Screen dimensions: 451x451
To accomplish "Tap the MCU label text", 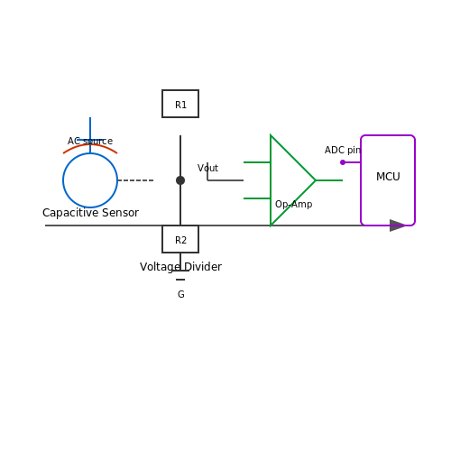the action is (x=388, y=177).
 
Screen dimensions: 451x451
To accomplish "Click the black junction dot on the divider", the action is (x=180, y=180).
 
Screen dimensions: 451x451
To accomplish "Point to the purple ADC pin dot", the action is (x=343, y=162).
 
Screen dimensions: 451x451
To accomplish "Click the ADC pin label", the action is (x=343, y=150).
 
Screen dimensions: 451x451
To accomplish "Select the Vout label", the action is (x=207, y=168).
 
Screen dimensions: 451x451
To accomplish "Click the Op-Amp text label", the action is (x=294, y=204).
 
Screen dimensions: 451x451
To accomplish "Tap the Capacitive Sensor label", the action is (x=90, y=213).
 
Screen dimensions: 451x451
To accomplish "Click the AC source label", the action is (x=90, y=141).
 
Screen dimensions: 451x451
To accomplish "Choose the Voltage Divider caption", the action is (x=180, y=267).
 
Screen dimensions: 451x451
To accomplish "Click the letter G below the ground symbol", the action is (x=181, y=294).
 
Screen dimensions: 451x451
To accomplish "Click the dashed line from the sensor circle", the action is (x=135, y=180).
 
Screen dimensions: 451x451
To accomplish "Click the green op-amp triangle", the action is (x=271, y=180).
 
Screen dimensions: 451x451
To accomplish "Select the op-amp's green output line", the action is (x=329, y=180).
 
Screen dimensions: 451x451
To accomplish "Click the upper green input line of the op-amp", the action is (x=257, y=162).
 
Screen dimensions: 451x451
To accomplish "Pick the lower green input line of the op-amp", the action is (x=257, y=198).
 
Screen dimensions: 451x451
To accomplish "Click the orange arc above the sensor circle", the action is (x=90, y=144).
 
